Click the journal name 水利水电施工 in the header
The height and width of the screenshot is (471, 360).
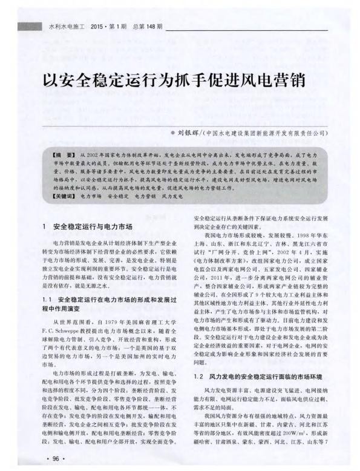tap(64, 28)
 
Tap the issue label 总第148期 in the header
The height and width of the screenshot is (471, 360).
tap(145, 28)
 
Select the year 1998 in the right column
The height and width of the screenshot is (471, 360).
tap(293, 233)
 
